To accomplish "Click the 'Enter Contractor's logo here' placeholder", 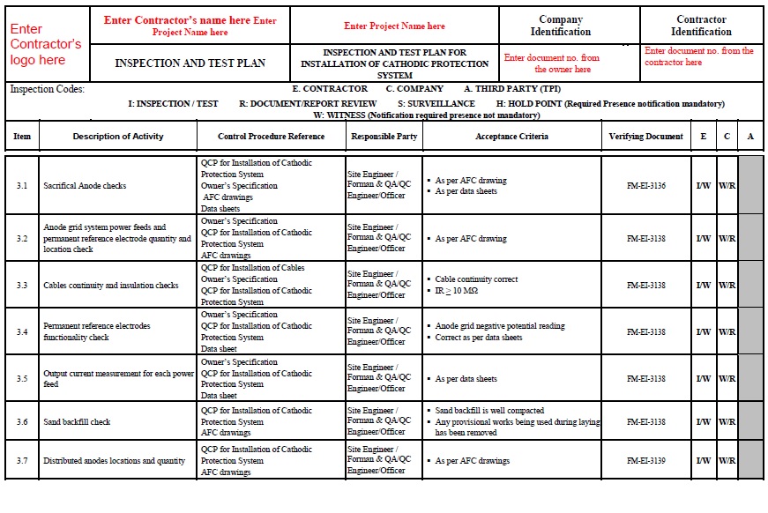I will coord(46,44).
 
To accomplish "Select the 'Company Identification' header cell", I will coord(561,26).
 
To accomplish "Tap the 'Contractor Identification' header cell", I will coord(701,26).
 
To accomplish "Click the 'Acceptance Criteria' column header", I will coord(511,137).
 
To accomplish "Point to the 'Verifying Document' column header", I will coord(645,137).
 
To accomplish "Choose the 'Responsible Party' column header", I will coord(384,137).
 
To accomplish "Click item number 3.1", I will coord(22,186).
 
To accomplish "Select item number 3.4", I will coord(22,332).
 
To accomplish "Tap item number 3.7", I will coord(22,461).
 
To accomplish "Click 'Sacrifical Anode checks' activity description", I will coord(85,186).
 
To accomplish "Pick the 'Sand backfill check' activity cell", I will coord(77,422).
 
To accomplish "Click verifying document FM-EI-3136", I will coord(645,186).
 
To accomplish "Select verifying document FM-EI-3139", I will coord(645,461).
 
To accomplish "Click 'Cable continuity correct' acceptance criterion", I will coord(476,279).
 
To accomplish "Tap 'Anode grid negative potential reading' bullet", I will coord(500,326).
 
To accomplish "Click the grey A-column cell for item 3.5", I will coord(750,379).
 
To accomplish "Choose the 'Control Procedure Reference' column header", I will coord(272,137).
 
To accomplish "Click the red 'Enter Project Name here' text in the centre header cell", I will coord(394,26).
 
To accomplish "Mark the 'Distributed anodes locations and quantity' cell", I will coord(115,461).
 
